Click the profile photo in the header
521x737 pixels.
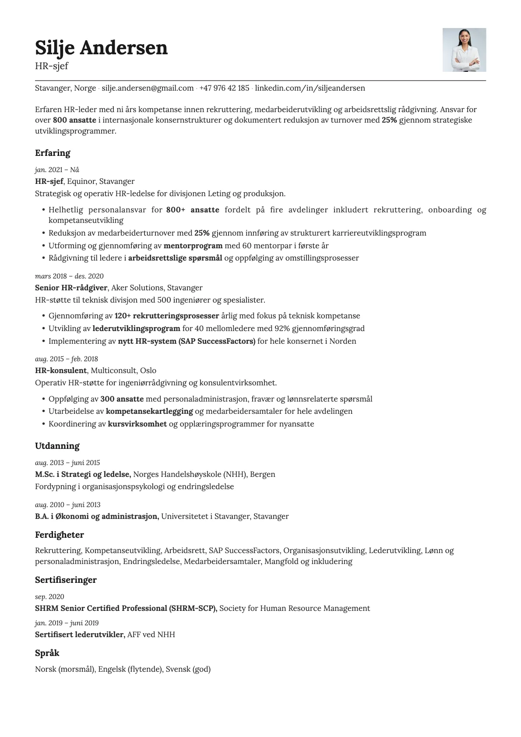(464, 50)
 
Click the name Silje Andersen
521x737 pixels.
(101, 47)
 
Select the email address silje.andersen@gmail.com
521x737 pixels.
(148, 88)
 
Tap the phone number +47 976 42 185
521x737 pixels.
(224, 88)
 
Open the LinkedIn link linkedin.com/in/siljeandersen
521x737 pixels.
(310, 88)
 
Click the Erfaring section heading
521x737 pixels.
(53, 153)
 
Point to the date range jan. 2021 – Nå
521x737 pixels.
(57, 170)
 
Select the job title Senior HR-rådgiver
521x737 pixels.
(71, 288)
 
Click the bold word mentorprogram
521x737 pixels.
(193, 246)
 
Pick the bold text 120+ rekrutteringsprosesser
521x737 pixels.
(167, 316)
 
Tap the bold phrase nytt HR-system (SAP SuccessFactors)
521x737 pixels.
(187, 341)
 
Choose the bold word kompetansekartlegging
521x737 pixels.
(149, 411)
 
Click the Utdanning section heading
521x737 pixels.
(57, 446)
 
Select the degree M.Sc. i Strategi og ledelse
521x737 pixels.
(83, 474)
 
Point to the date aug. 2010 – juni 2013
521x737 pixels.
(67, 505)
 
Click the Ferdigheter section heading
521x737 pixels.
(59, 535)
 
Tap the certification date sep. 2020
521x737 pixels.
(49, 597)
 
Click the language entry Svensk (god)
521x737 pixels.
(188, 669)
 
